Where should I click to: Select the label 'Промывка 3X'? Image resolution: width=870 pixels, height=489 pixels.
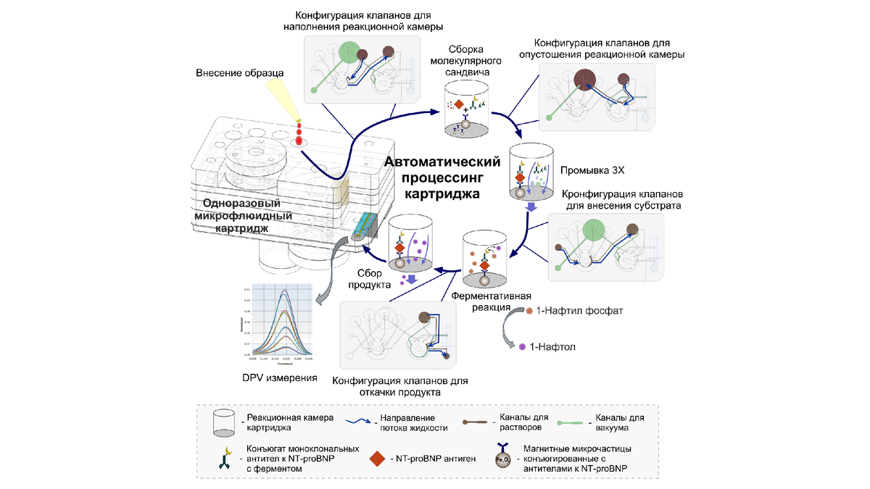[x=588, y=171]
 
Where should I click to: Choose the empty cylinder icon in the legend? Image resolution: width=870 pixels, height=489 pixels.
[x=223, y=422]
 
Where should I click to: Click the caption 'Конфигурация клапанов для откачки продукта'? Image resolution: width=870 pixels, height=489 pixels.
[x=400, y=386]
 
